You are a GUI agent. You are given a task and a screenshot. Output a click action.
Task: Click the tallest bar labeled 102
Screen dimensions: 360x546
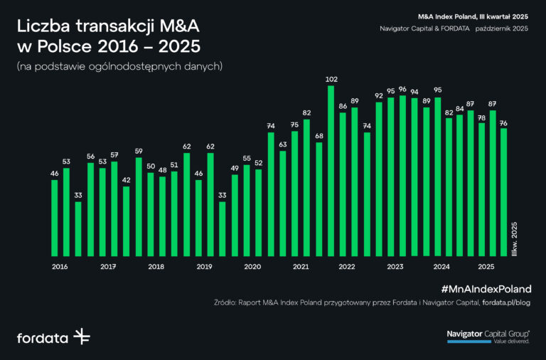(331, 171)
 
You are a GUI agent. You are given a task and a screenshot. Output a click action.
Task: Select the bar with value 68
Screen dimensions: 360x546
(318, 199)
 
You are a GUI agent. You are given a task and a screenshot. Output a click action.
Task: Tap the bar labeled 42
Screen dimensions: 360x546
(126, 221)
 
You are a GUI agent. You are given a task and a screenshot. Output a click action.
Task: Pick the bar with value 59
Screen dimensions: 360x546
(139, 206)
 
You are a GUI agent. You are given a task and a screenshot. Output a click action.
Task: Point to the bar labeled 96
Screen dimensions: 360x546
(403, 175)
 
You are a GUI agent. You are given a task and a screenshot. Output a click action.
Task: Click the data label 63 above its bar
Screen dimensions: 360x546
(282, 144)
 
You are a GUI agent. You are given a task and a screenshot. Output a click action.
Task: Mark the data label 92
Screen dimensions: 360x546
(379, 95)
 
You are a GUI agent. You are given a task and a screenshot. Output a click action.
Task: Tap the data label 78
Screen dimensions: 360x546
(481, 117)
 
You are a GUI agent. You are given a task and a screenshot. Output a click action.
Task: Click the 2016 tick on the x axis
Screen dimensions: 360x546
(60, 267)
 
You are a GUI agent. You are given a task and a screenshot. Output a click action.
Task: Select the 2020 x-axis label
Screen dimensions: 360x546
(252, 267)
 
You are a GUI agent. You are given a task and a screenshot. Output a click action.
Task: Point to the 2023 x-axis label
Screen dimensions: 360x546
(395, 267)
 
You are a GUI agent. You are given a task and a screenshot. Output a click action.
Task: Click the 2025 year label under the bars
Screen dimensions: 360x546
(486, 267)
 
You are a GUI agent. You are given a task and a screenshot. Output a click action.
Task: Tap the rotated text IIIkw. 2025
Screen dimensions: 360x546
(515, 239)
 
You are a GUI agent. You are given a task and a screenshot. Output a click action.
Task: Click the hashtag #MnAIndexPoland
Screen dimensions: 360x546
(486, 289)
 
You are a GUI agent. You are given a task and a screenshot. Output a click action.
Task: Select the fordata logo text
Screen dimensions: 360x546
(42, 337)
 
